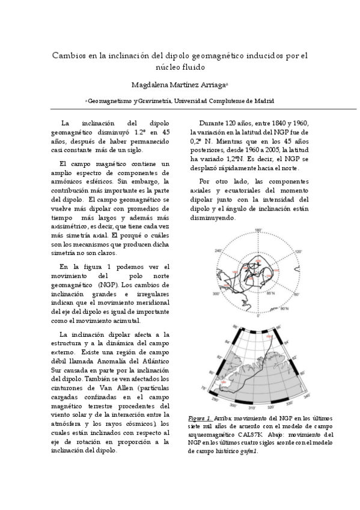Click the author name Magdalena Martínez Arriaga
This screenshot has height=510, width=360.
178,85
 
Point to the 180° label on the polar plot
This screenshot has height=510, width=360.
258,230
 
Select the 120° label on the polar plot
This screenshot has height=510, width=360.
297,253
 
